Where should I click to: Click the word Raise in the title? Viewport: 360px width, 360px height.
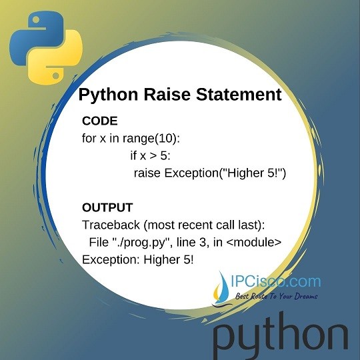pos(157,95)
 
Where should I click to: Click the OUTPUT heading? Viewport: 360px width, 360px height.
pos(107,207)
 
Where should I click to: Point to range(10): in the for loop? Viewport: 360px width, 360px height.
pos(157,139)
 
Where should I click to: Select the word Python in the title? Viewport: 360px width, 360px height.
pos(105,95)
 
